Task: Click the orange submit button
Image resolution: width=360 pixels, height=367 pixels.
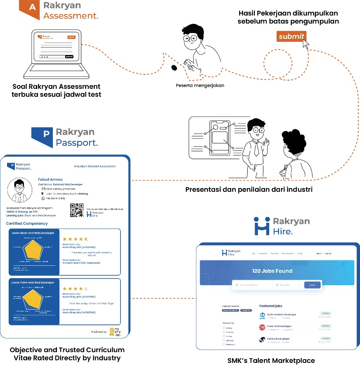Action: (x=291, y=36)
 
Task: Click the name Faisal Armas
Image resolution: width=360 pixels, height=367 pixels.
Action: (x=50, y=179)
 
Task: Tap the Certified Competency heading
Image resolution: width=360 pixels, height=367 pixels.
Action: (x=27, y=224)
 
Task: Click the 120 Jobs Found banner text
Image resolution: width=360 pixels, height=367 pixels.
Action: (x=272, y=271)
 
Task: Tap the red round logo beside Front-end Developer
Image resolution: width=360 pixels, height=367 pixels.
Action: (x=262, y=328)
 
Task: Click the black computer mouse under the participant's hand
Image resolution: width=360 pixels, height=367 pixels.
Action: (x=174, y=67)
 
